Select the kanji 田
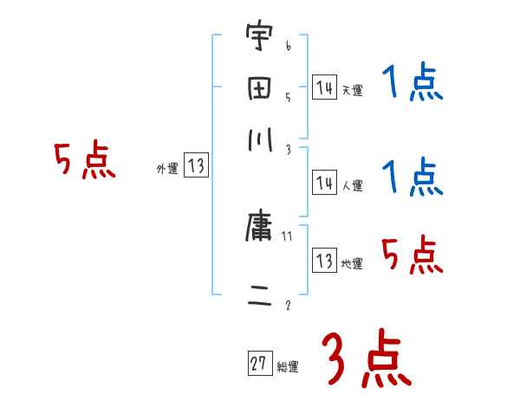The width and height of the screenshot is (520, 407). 258,90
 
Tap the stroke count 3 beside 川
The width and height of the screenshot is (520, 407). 287,150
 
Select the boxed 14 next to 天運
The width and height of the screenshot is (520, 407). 324,87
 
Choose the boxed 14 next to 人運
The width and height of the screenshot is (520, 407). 324,183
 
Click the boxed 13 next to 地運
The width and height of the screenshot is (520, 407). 324,261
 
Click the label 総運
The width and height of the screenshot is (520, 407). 288,367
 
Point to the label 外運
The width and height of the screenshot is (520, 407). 166,170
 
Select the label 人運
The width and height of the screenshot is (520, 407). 352,185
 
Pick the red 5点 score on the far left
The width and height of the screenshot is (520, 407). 83,161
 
